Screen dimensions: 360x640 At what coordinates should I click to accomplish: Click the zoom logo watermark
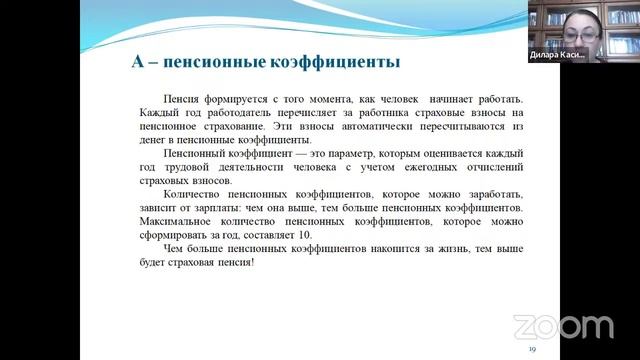click(563, 327)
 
